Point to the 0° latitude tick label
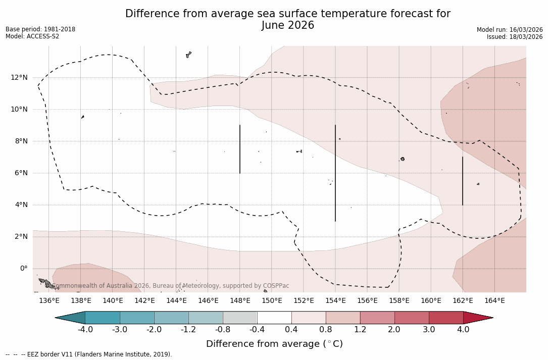24,268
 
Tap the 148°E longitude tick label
240,301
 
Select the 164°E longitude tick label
494,301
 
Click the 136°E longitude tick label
49,301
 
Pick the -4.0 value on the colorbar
85,330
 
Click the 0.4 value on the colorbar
291,330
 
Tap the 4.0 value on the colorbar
463,330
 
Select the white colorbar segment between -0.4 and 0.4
274,318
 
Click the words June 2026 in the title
288,25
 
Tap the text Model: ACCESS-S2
32,36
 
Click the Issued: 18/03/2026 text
515,37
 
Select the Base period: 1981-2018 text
40,29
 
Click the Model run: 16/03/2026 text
510,30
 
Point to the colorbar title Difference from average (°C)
274,344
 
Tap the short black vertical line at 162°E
463,181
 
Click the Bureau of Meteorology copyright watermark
171,286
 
